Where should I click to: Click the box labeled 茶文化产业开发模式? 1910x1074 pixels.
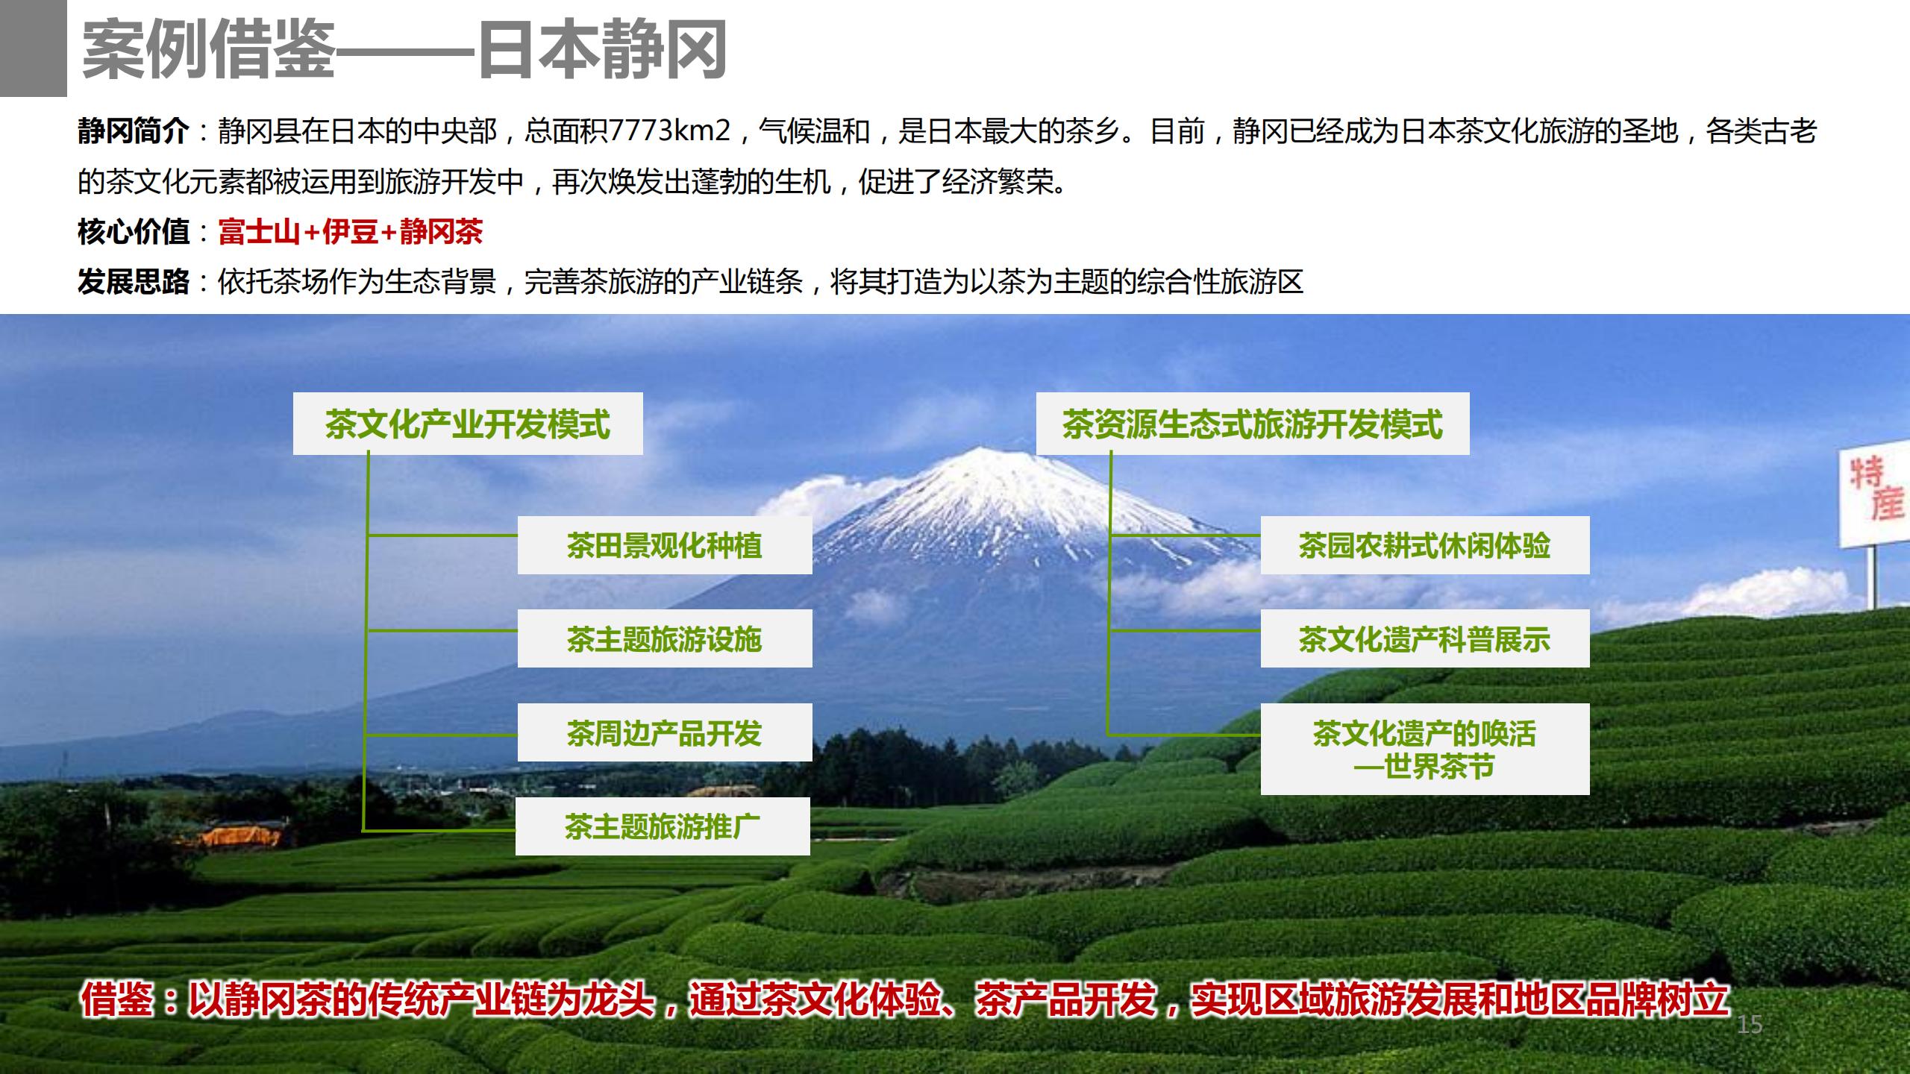[468, 424]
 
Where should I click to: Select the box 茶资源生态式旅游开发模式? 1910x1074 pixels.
[1253, 424]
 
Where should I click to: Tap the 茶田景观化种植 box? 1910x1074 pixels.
[665, 545]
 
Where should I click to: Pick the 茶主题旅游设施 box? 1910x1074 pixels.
[665, 638]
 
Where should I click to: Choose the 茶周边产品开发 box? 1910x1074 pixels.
[665, 732]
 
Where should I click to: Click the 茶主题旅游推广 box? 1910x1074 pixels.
[663, 826]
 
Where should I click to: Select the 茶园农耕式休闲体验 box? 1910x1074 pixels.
[1425, 545]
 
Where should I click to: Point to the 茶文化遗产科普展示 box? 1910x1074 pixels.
[1425, 638]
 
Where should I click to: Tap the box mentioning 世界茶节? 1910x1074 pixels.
[1425, 749]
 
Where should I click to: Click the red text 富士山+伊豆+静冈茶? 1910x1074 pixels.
[351, 232]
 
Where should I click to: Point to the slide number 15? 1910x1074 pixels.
[1749, 1025]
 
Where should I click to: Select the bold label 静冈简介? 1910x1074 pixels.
[134, 132]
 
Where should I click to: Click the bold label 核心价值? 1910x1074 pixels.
[134, 232]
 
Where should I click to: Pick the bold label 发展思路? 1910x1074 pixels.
[134, 282]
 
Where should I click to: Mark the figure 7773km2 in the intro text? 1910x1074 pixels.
[669, 132]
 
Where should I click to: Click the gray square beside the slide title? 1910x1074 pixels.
[33, 48]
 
